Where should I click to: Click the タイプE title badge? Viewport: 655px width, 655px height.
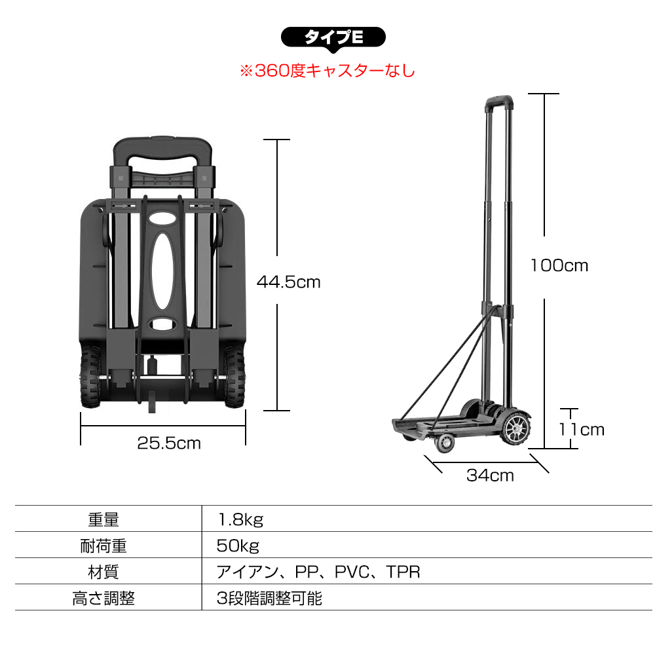pyautogui.click(x=333, y=38)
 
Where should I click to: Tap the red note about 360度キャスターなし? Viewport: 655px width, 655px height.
pyautogui.click(x=327, y=71)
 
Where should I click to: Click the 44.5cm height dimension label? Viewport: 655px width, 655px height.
pyautogui.click(x=288, y=282)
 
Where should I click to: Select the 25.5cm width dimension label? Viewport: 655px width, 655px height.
pyautogui.click(x=169, y=443)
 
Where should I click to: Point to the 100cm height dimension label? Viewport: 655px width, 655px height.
pyautogui.click(x=559, y=265)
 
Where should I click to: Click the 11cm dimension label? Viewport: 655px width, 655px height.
pyautogui.click(x=581, y=430)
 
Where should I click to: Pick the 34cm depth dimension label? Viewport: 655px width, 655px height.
pyautogui.click(x=490, y=476)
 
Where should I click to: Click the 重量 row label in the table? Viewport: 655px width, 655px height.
pyautogui.click(x=103, y=520)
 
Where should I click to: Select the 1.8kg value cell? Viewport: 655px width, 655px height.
pyautogui.click(x=240, y=520)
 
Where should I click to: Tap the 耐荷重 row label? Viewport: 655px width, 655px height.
pyautogui.click(x=103, y=546)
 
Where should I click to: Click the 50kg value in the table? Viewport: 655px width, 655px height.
pyautogui.click(x=238, y=546)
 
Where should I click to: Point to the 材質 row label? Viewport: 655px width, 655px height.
pyautogui.click(x=103, y=572)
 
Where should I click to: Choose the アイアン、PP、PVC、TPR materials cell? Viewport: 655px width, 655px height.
pyautogui.click(x=318, y=572)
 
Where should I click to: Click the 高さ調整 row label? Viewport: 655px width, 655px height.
pyautogui.click(x=103, y=598)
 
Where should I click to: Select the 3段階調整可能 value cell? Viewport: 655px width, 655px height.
pyautogui.click(x=270, y=598)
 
